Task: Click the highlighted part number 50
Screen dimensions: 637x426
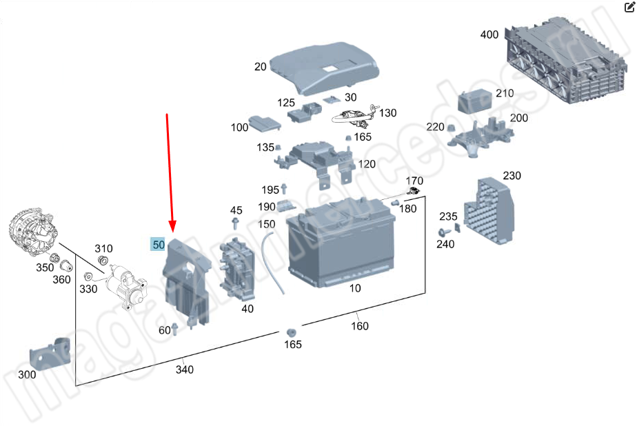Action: [158, 245]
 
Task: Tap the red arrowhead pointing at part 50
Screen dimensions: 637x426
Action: [172, 226]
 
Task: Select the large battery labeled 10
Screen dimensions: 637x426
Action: [341, 242]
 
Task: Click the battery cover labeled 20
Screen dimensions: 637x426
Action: [324, 68]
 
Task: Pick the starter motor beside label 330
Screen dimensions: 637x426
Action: [127, 286]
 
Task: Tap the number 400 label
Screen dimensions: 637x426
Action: [489, 34]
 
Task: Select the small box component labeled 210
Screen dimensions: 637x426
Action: [475, 101]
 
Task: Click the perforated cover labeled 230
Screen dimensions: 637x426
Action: [490, 211]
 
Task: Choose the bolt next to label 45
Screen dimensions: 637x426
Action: [235, 223]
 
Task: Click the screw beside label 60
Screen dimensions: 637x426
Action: [175, 329]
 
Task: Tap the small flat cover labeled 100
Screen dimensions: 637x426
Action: [265, 123]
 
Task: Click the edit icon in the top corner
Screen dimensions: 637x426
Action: [629, 7]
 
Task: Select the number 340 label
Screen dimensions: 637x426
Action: [185, 369]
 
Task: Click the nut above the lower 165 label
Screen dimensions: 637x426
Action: [290, 332]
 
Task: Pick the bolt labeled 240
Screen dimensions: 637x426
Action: [444, 232]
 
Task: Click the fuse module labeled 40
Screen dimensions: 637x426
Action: [237, 269]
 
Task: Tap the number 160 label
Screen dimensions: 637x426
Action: [360, 325]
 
